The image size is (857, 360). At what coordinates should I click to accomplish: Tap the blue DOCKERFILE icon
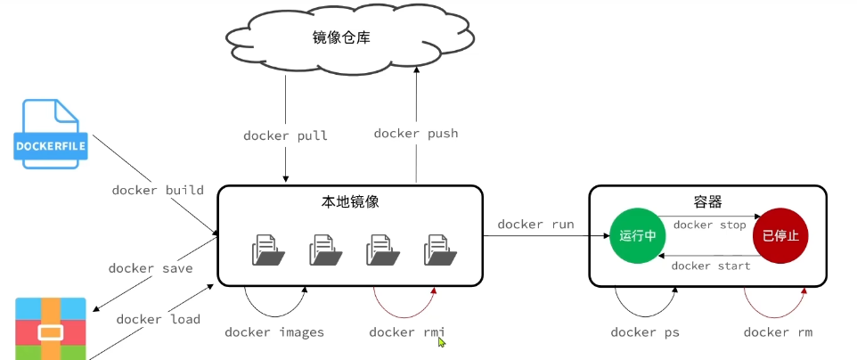point(52,133)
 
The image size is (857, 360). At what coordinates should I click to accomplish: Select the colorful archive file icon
point(51,330)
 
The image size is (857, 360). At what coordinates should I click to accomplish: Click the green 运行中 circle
point(637,236)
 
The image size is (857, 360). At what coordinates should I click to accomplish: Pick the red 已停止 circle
point(779,236)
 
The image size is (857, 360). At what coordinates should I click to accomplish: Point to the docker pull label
point(285,136)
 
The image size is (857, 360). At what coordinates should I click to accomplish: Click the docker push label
point(416,134)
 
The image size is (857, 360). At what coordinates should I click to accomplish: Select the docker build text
point(158,190)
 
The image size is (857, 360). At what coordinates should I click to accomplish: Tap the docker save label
point(151,268)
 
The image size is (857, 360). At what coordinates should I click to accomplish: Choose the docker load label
point(158,319)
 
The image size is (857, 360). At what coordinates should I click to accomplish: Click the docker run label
point(535,225)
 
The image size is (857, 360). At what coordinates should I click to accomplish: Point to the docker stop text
point(709,225)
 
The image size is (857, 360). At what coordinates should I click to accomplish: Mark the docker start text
point(710,266)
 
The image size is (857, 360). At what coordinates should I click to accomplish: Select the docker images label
point(274,332)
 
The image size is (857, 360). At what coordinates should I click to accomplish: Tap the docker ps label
point(645,332)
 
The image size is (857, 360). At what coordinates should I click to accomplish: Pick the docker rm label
point(778,332)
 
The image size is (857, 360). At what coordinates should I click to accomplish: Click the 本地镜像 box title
point(350,202)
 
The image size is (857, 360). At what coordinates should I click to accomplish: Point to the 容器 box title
point(707,202)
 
